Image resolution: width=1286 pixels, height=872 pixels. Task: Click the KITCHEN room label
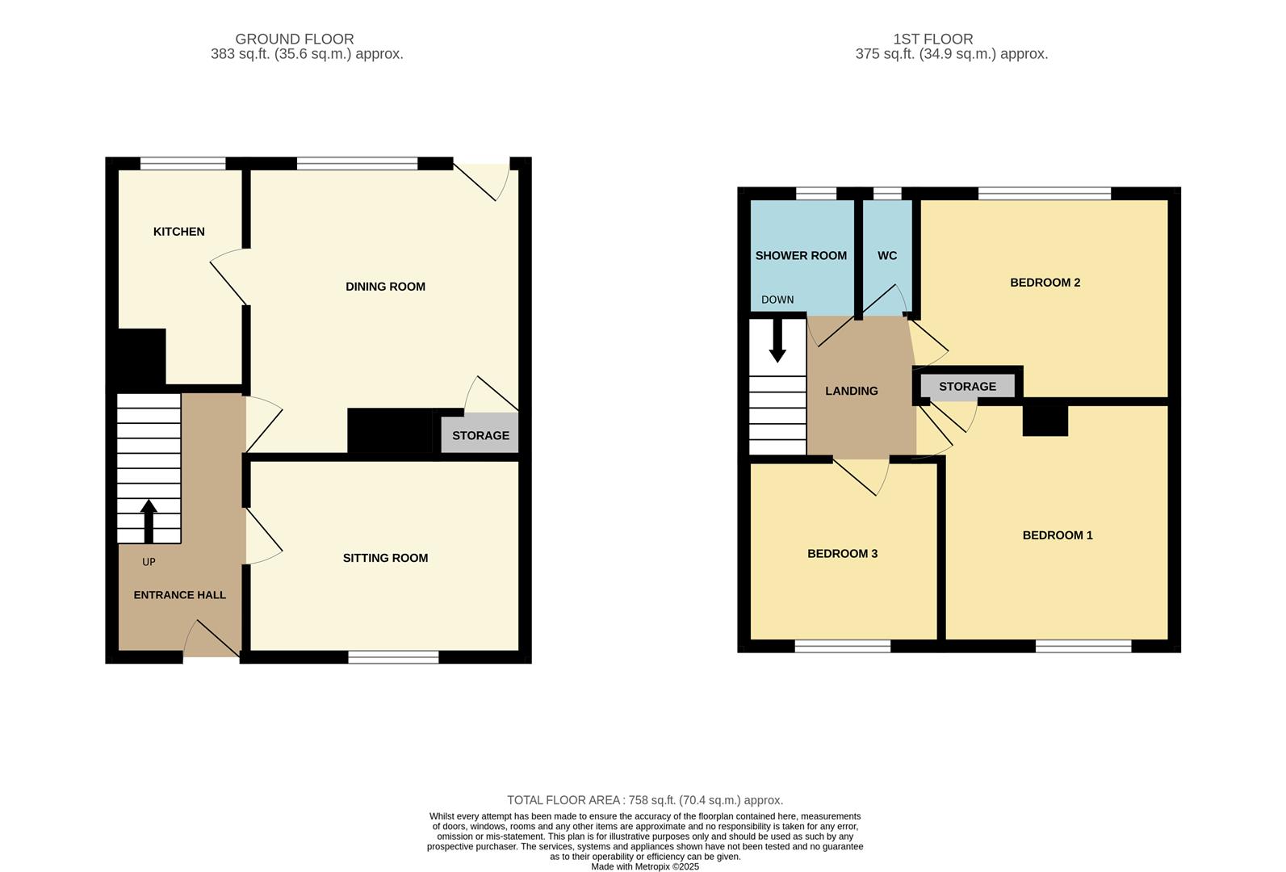point(178,232)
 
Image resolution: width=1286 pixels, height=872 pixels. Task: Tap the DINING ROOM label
point(385,287)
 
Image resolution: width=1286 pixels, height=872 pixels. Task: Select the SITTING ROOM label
point(385,558)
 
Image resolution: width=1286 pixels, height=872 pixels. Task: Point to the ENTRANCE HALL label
point(180,595)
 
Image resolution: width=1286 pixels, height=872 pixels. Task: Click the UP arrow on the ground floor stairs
point(149,522)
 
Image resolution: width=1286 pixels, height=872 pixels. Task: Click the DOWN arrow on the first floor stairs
point(777,341)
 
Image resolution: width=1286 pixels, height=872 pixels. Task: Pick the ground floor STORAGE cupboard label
point(480,436)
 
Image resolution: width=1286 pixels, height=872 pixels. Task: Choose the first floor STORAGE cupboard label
point(967,387)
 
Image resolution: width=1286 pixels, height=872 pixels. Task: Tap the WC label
point(887,255)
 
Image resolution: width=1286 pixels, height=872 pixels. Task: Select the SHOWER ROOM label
point(801,255)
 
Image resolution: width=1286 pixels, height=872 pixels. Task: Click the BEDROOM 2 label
point(1045,283)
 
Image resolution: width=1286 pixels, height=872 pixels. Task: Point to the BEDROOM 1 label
point(1058,535)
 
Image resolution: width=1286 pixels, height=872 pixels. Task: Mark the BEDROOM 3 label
point(842,554)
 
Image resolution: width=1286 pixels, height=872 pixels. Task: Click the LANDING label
point(852,392)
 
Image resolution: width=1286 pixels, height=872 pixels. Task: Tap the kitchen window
point(183,164)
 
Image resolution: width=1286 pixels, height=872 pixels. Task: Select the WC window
point(887,194)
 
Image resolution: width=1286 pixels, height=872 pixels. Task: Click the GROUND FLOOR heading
point(295,39)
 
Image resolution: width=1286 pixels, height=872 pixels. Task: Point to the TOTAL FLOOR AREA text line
point(645,800)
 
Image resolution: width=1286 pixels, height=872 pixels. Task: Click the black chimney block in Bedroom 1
point(1045,421)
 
